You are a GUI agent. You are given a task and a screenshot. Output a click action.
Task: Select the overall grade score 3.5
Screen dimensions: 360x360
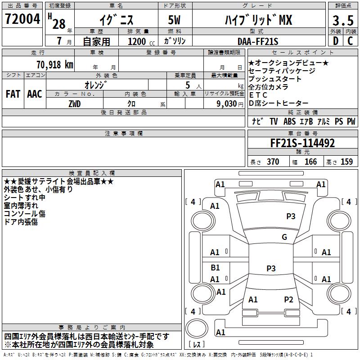pyautogui.click(x=343, y=20)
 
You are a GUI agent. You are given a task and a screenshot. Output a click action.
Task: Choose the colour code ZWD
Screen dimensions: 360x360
pyautogui.click(x=75, y=103)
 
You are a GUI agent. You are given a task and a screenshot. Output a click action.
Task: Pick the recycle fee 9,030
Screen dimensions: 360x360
pyautogui.click(x=226, y=103)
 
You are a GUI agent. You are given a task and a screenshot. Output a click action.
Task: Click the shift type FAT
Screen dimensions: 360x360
pyautogui.click(x=13, y=94)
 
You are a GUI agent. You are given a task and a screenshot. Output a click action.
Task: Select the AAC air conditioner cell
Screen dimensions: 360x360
pyautogui.click(x=35, y=94)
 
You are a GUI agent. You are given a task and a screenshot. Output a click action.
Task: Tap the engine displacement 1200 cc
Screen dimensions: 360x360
pyautogui.click(x=137, y=41)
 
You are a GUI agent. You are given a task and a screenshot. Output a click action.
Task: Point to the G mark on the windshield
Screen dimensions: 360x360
pyautogui.click(x=284, y=237)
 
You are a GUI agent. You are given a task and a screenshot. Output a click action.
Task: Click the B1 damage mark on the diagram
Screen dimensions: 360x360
pyautogui.click(x=215, y=268)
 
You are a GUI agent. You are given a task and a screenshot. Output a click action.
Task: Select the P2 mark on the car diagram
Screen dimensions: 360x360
pyautogui.click(x=288, y=299)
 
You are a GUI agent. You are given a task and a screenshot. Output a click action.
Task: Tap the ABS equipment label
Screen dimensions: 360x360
pyautogui.click(x=289, y=121)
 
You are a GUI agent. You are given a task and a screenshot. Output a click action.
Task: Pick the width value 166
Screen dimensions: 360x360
pyautogui.click(x=310, y=162)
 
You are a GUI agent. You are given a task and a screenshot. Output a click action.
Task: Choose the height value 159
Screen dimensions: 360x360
pyautogui.click(x=346, y=162)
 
